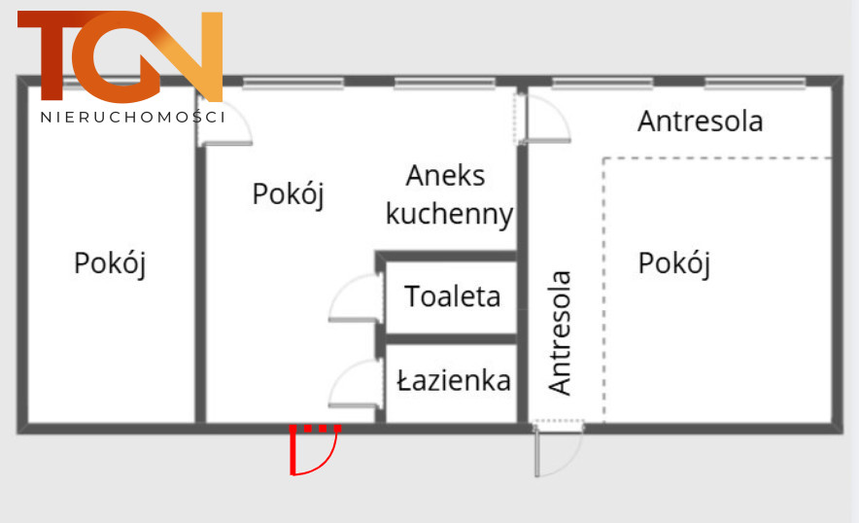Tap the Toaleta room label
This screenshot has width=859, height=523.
click(x=453, y=296)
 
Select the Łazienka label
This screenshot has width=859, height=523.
click(x=454, y=380)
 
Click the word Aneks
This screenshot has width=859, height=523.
click(x=445, y=176)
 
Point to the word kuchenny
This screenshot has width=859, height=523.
click(x=449, y=215)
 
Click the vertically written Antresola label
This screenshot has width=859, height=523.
click(x=560, y=332)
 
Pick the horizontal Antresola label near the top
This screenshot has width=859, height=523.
click(x=701, y=122)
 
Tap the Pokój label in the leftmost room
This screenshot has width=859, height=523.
click(x=110, y=263)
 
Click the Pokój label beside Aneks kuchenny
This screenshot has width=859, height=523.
click(x=289, y=194)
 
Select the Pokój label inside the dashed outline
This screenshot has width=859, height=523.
click(x=674, y=263)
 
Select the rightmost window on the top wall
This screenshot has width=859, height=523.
click(x=755, y=84)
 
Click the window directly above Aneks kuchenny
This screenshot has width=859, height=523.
click(x=445, y=84)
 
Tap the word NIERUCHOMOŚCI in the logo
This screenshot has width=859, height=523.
click(x=132, y=117)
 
